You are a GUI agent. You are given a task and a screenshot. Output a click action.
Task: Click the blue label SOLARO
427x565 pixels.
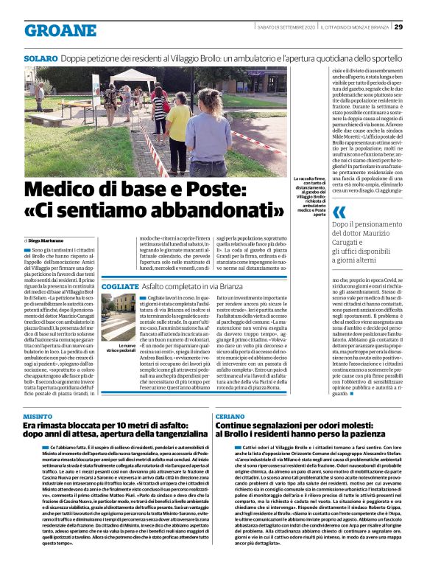point(39,56)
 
